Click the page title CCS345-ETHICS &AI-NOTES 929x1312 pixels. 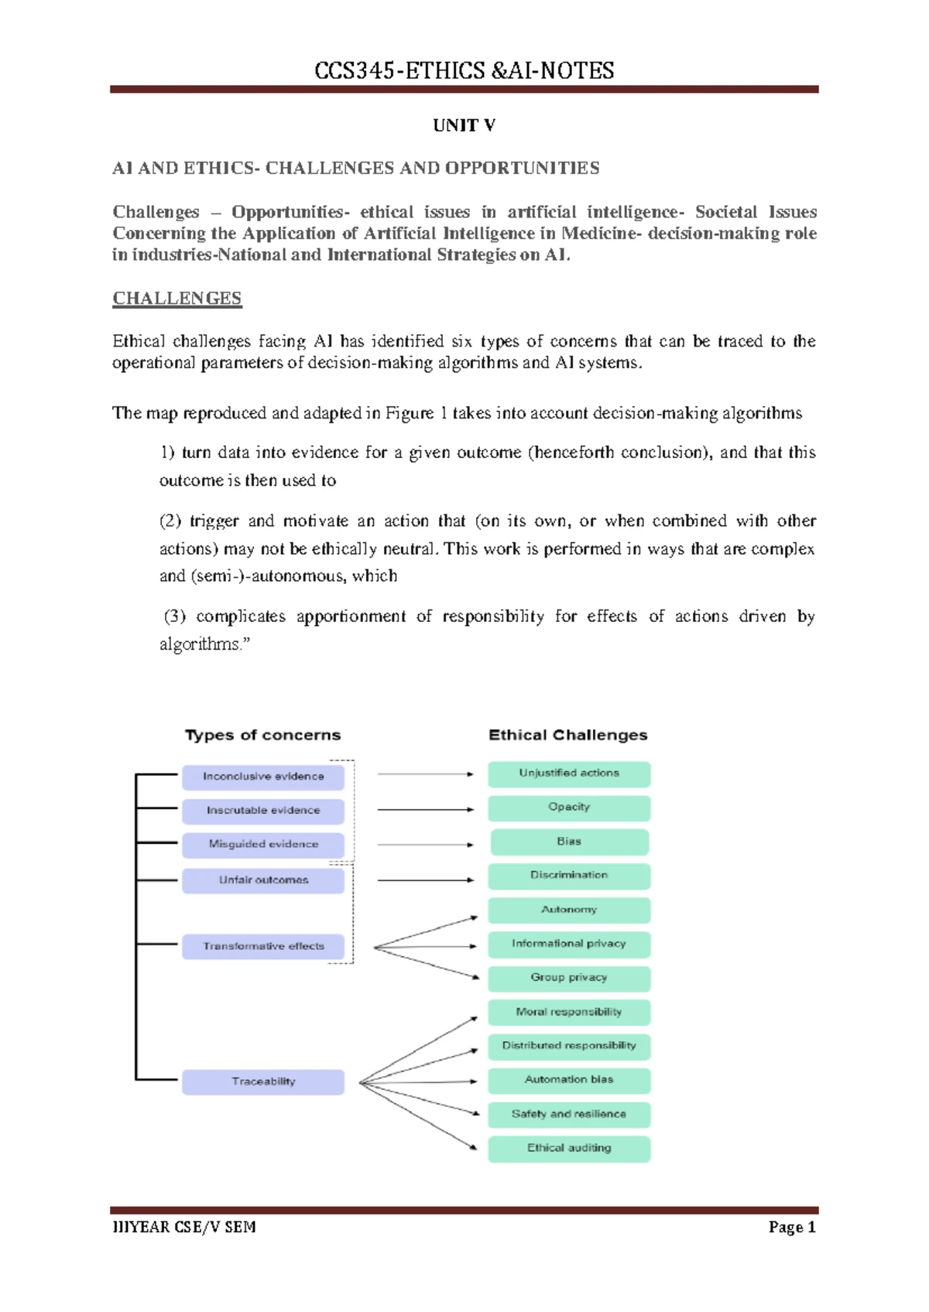click(x=464, y=71)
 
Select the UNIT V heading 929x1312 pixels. click(x=464, y=125)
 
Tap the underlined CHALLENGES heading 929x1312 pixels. click(x=177, y=299)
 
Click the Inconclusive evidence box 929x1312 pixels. click(x=263, y=777)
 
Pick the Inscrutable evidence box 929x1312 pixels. click(x=263, y=811)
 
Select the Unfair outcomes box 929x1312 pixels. click(x=263, y=880)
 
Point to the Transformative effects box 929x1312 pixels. click(x=263, y=946)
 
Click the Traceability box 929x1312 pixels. click(x=263, y=1081)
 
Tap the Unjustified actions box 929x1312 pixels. click(x=569, y=774)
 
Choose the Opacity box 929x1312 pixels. click(x=569, y=808)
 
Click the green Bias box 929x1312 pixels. click(x=569, y=842)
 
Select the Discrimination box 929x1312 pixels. click(x=569, y=876)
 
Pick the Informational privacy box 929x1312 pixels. click(x=569, y=944)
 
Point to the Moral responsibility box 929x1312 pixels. click(x=569, y=1012)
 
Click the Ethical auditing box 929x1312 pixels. click(x=569, y=1148)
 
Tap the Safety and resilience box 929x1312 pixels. click(x=569, y=1114)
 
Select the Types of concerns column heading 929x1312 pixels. click(x=262, y=735)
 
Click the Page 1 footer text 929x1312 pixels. click(x=792, y=1227)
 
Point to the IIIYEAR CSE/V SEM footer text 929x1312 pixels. click(x=184, y=1227)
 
